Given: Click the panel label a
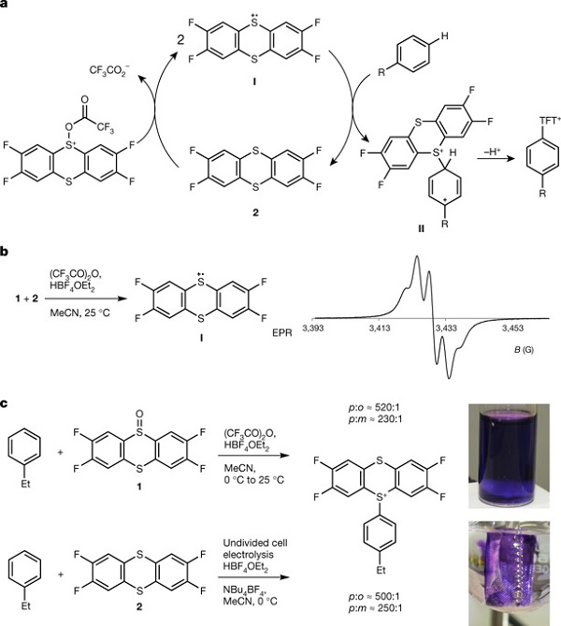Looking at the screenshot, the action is click(x=4, y=6).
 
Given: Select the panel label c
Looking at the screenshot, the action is click(x=4, y=403).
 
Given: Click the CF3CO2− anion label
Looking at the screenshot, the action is click(x=109, y=71).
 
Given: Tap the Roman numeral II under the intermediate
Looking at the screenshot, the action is click(x=421, y=229).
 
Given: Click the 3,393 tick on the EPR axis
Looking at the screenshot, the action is click(x=312, y=328).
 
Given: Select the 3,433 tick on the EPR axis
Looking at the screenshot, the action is click(x=446, y=328).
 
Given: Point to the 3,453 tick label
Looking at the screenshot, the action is click(x=512, y=328).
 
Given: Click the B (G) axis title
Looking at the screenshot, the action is click(x=524, y=350).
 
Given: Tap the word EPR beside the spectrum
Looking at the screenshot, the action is click(x=282, y=332).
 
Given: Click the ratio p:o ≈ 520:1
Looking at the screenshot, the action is click(x=374, y=408).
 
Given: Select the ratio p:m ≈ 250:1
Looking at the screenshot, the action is click(x=375, y=608).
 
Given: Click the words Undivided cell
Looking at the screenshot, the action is click(x=255, y=543).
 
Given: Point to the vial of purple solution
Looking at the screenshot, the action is click(x=509, y=456).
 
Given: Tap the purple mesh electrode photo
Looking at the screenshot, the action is click(x=509, y=574).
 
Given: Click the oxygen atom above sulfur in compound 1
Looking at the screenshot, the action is click(x=139, y=414).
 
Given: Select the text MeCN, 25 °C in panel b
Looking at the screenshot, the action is click(x=79, y=313).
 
